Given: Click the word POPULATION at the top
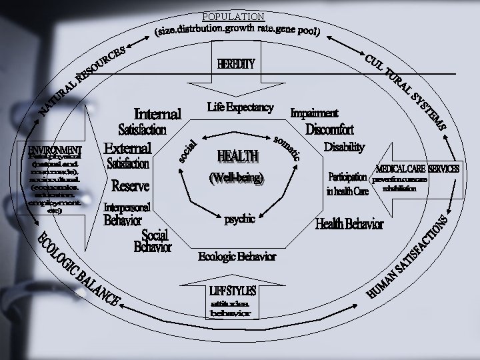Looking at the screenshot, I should pyautogui.click(x=233, y=17).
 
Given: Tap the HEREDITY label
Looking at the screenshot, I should pyautogui.click(x=236, y=64).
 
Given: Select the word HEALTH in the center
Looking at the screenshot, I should pyautogui.click(x=238, y=157).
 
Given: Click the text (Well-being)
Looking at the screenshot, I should pyautogui.click(x=237, y=179).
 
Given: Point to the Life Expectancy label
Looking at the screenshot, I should pyautogui.click(x=240, y=107).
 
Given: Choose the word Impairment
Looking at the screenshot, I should pyautogui.click(x=315, y=113).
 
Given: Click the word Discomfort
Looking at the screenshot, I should pyautogui.click(x=329, y=129).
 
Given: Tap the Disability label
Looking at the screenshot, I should pyautogui.click(x=345, y=147).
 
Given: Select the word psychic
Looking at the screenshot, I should pyautogui.click(x=239, y=219).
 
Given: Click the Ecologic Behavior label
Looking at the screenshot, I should pyautogui.click(x=237, y=257).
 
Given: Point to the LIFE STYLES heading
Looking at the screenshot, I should pyautogui.click(x=233, y=291).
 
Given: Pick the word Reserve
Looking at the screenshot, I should pyautogui.click(x=131, y=185).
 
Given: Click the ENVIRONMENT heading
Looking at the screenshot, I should pyautogui.click(x=55, y=149).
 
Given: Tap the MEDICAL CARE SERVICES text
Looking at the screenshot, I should pyautogui.click(x=417, y=169).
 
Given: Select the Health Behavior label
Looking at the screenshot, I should pyautogui.click(x=349, y=225).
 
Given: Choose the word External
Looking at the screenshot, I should pyautogui.click(x=129, y=147).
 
